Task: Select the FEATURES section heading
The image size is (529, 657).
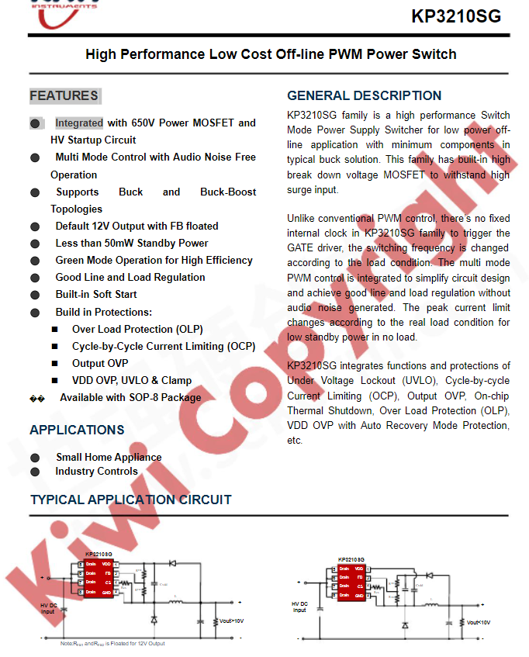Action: pos(64,96)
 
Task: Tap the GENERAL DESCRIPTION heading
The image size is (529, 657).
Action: pos(364,96)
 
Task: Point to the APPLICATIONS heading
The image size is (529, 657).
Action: pos(77,430)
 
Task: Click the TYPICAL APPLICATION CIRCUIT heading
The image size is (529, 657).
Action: pos(130,500)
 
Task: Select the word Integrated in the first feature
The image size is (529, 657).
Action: pos(78,123)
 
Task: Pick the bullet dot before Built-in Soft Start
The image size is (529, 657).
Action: pos(35,295)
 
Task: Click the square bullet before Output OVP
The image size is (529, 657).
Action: pos(55,363)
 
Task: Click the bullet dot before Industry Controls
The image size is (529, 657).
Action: pos(35,472)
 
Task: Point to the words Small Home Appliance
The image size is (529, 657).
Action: pos(109,457)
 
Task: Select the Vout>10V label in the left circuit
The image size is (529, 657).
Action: pos(231,621)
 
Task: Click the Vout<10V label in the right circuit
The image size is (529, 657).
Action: pos(478,622)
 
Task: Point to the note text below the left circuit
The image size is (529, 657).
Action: pos(112,643)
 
